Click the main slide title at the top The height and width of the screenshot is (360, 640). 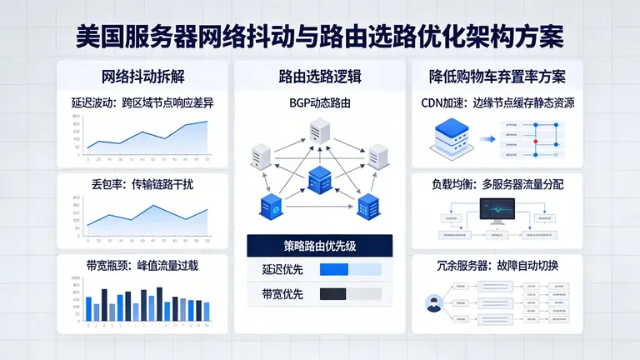[320, 36]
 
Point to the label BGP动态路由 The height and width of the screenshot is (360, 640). [320, 103]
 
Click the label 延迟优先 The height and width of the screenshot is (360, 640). [277, 269]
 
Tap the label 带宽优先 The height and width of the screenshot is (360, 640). [277, 293]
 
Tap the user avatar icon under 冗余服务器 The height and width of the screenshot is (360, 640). [433, 304]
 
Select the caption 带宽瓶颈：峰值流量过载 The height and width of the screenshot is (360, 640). [142, 266]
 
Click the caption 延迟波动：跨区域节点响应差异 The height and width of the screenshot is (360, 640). [142, 104]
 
